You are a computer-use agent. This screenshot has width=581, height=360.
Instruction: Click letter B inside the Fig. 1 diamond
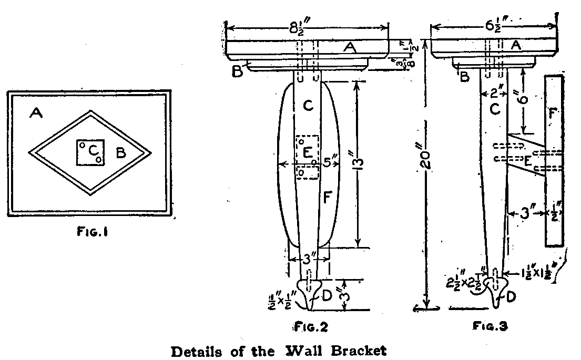120,153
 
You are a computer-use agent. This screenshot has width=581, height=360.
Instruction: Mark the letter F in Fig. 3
553,113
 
